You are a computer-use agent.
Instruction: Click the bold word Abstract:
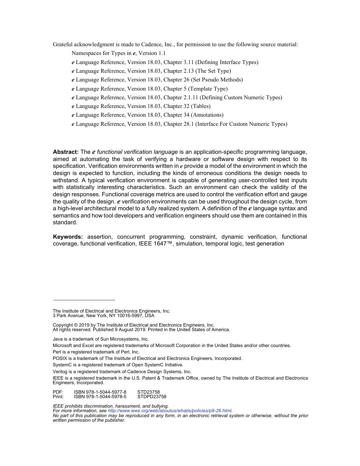[x=66, y=152]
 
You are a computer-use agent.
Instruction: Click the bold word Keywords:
[x=68, y=237]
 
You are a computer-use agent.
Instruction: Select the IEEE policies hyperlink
[x=169, y=411]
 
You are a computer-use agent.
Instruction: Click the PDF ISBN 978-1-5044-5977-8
[x=100, y=392]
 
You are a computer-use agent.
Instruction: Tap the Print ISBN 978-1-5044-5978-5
[x=100, y=397]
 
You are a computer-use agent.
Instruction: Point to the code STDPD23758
[x=152, y=397]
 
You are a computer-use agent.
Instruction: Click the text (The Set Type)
[x=212, y=71]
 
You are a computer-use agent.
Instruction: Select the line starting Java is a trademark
[x=101, y=339]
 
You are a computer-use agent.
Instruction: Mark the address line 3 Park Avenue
[x=103, y=316]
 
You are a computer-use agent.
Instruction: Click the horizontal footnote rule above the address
[x=84, y=300]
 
